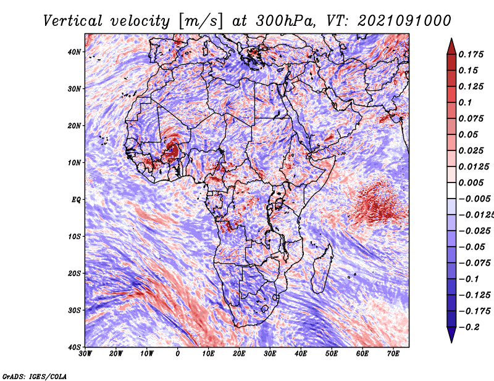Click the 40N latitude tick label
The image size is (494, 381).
[74, 52]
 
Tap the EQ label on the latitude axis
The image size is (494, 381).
[76, 200]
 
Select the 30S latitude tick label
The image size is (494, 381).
[74, 310]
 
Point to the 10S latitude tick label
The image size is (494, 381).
[74, 236]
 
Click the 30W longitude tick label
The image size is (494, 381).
[85, 354]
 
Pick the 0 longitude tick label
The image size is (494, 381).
[178, 354]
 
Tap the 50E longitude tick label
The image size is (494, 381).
[332, 354]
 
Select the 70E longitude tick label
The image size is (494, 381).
[393, 354]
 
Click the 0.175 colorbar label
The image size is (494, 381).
[471, 54]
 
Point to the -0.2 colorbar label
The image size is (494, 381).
[469, 327]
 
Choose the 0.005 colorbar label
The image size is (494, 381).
[471, 182]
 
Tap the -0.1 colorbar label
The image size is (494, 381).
[469, 279]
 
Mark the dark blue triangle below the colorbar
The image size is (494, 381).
[451, 334]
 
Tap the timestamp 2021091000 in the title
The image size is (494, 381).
[404, 21]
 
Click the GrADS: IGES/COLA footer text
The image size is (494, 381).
[35, 376]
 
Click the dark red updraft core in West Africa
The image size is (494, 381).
[173, 150]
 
